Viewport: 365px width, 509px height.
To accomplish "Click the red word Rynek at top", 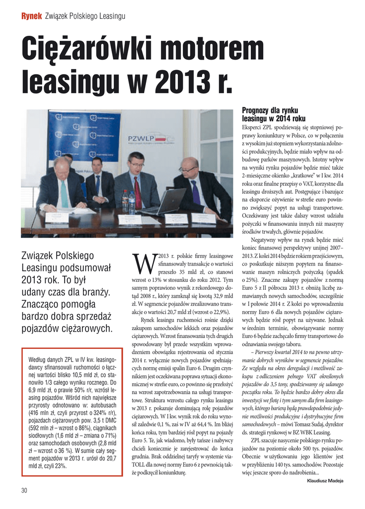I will coord(31,16).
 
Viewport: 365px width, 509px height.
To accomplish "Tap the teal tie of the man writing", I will coord(65,195).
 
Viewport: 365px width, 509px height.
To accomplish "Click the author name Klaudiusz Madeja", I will coord(325,481).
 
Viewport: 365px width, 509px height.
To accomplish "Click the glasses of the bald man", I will coord(187,170).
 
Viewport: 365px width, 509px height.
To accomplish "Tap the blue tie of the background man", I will coord(98,186).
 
